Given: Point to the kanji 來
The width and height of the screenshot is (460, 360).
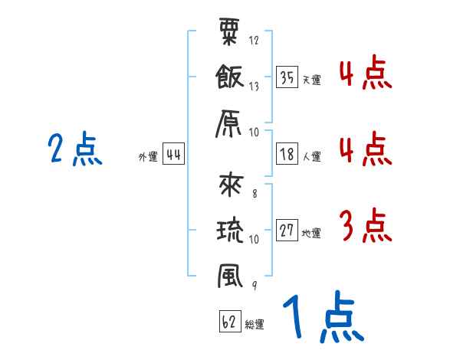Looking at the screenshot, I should (231, 185).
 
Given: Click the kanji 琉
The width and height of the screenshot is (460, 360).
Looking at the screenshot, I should (231, 229).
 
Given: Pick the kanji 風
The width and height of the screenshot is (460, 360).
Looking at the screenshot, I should (231, 275).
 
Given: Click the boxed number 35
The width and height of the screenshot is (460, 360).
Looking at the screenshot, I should (287, 78).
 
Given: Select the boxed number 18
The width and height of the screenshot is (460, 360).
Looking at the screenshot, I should (287, 155).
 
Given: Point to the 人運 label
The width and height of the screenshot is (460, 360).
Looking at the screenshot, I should (311, 157).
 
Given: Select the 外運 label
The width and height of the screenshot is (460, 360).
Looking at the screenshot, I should (148, 157).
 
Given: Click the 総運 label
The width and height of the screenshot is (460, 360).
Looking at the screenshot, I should (255, 324).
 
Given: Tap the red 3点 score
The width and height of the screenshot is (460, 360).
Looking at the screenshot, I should (365, 226).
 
